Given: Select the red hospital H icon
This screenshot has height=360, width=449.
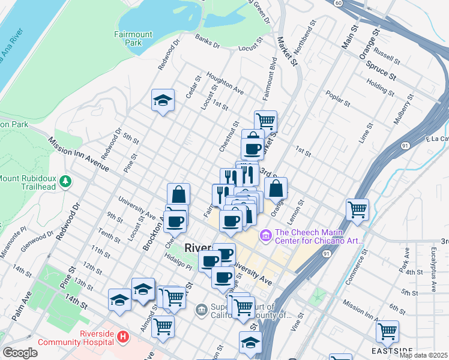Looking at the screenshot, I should pos(123,338).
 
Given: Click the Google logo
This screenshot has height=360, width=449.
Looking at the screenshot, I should pos(20,353).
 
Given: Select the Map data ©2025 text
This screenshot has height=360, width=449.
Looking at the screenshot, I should pos(424,355).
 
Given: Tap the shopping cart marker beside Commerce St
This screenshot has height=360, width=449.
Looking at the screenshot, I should pos(357,209).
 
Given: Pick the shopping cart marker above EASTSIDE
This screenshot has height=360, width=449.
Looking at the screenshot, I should pos(387,331).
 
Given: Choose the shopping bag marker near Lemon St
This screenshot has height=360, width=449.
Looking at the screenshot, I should pos(276,188).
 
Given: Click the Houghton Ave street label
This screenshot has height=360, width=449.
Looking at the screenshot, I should pos(224,83).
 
